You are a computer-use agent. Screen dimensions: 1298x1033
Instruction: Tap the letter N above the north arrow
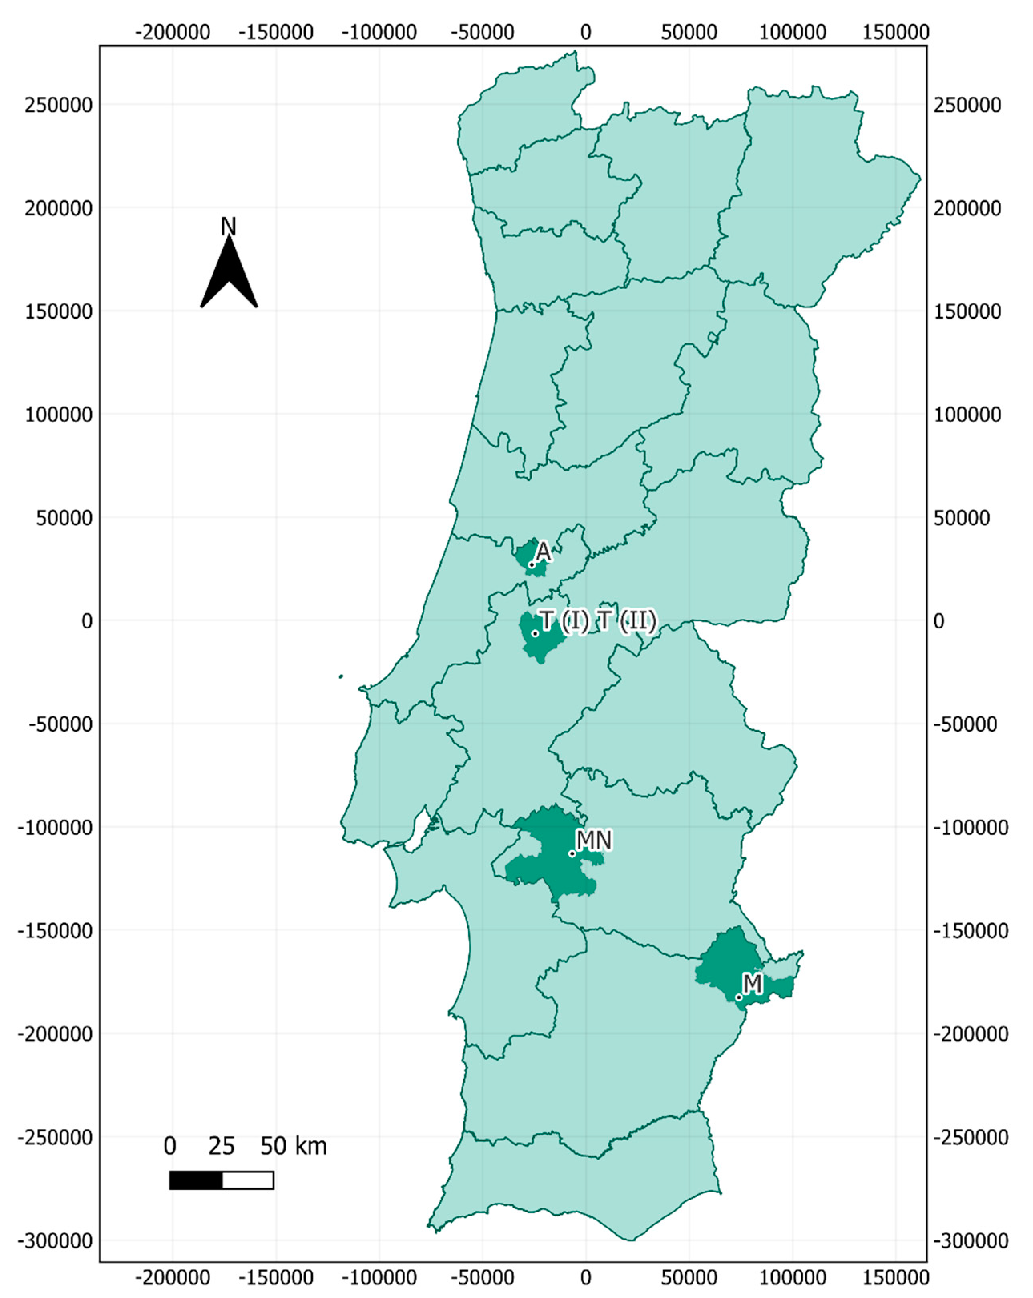pyautogui.click(x=228, y=227)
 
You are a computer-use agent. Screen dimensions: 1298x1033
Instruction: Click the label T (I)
pyautogui.click(x=563, y=621)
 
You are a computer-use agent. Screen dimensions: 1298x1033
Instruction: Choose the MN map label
pyautogui.click(x=594, y=840)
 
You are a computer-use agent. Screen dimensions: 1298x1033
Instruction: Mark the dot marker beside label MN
pyautogui.click(x=572, y=853)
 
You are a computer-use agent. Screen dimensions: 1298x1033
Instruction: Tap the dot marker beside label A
pyautogui.click(x=531, y=565)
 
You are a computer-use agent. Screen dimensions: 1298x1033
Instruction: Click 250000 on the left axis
pyautogui.click(x=58, y=105)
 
